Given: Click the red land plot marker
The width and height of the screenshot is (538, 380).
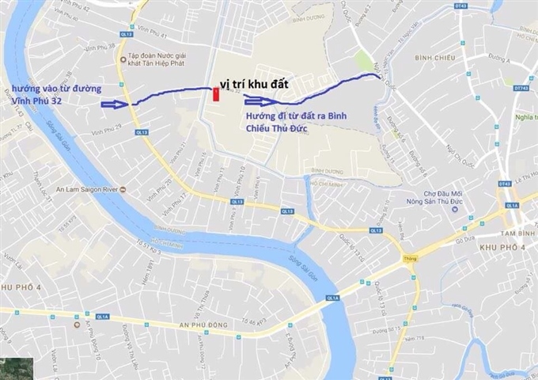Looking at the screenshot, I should (215, 95).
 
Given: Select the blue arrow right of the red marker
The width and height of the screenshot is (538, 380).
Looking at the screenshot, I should (258, 100).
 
